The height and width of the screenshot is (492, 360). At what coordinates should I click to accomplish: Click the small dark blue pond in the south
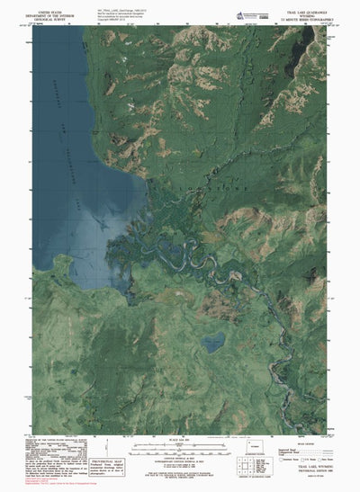pyautogui.click(x=213, y=342)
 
